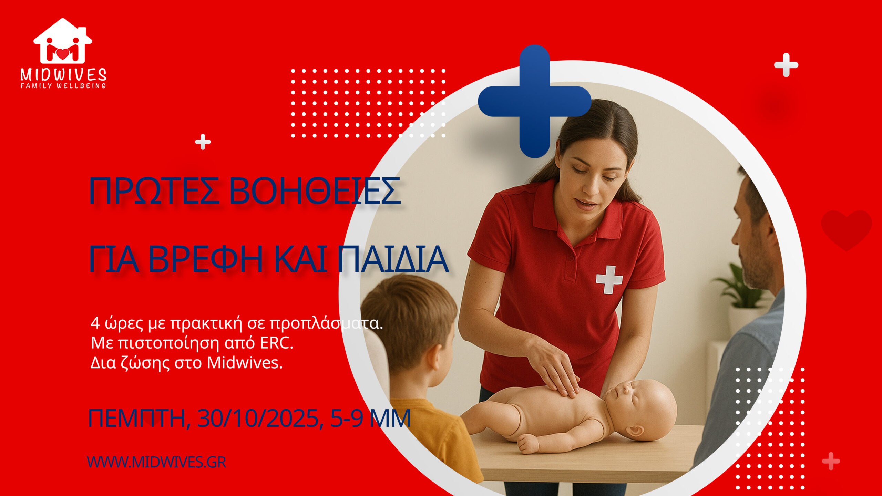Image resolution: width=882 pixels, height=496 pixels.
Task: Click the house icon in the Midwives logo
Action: pyautogui.click(x=63, y=41)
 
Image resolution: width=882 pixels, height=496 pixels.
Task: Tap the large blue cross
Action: pyautogui.click(x=534, y=101)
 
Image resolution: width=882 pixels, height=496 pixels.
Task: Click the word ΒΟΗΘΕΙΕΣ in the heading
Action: pyautogui.click(x=315, y=191)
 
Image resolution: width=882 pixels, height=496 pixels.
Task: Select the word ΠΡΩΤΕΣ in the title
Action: pyautogui.click(x=154, y=191)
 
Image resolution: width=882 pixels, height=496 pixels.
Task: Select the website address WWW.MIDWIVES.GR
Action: pyautogui.click(x=156, y=462)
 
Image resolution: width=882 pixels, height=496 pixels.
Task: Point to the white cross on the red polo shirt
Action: pyautogui.click(x=609, y=279)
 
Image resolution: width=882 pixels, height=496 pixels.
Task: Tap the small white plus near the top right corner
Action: pyautogui.click(x=786, y=65)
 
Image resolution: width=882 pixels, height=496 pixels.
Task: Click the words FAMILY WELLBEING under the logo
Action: pyautogui.click(x=63, y=86)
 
